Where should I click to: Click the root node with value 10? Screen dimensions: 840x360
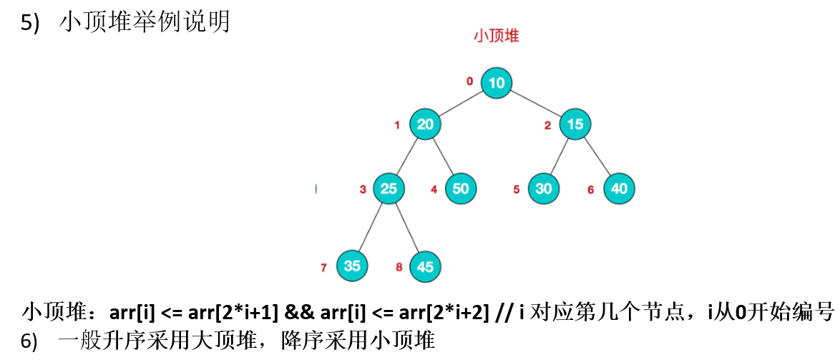point(497,83)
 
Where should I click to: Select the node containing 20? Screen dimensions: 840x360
point(425,125)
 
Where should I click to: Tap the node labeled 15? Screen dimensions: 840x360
point(575,125)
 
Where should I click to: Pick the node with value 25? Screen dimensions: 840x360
point(389,189)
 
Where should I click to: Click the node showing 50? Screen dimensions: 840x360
point(461,189)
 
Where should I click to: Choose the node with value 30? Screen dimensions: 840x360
point(544,189)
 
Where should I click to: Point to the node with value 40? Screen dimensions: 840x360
point(619,189)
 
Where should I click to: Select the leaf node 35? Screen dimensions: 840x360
point(352,266)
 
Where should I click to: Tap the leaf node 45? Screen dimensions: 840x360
point(425,267)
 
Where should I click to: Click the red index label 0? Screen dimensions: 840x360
point(469,82)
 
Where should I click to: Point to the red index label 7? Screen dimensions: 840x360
point(323,268)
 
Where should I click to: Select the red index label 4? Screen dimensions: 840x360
point(434,190)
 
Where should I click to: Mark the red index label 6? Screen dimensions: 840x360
point(590,190)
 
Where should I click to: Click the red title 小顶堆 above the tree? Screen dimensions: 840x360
point(496,37)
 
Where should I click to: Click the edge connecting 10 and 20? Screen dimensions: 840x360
point(461,104)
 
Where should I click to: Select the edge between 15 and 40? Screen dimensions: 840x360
point(598,157)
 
